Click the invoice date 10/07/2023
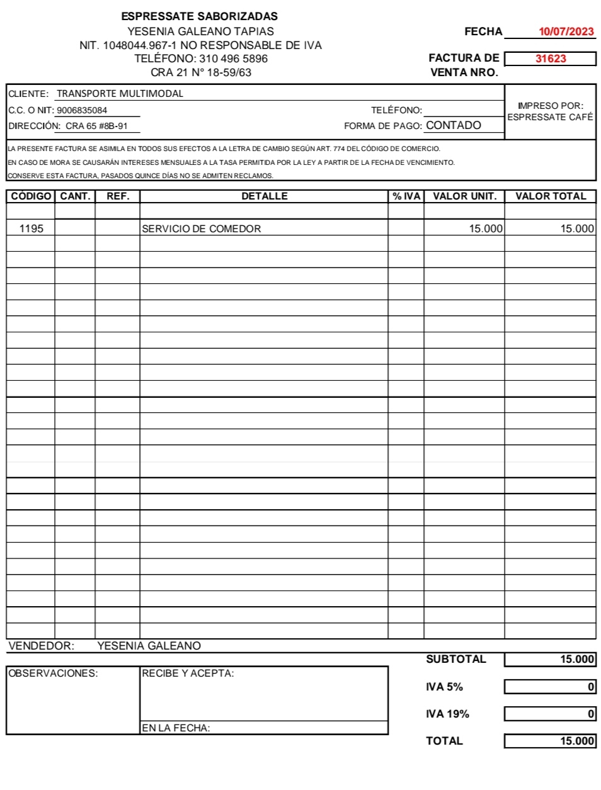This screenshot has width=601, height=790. [x=566, y=31]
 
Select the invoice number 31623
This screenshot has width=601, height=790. [x=551, y=59]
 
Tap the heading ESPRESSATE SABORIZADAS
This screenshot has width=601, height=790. [x=200, y=16]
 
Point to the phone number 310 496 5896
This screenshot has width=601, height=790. [x=233, y=59]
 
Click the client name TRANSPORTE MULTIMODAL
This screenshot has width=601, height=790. [x=120, y=94]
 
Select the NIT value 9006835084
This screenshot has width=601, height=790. [x=82, y=110]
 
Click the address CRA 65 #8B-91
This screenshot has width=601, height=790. [x=96, y=126]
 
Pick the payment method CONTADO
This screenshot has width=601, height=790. [x=454, y=125]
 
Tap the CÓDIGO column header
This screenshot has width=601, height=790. [x=31, y=196]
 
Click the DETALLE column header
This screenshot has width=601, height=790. [x=264, y=196]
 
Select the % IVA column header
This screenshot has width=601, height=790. [x=406, y=196]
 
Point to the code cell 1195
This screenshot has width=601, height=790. [x=31, y=229]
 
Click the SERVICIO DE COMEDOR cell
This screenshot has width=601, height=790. [x=201, y=229]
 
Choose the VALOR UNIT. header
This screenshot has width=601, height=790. [x=464, y=196]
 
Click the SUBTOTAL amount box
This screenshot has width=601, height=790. [x=550, y=659]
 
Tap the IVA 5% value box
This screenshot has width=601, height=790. [x=550, y=687]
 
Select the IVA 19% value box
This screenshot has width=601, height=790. [x=550, y=714]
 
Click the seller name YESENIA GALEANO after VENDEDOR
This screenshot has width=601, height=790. [x=149, y=646]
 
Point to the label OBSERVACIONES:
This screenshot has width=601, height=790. [x=53, y=674]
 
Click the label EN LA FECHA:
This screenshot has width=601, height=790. [x=176, y=728]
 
